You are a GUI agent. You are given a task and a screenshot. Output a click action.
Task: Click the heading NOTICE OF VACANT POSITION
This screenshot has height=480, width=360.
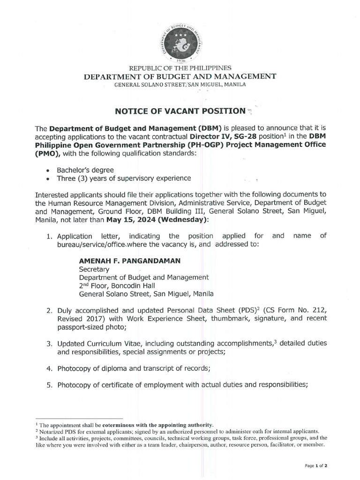click(180, 111)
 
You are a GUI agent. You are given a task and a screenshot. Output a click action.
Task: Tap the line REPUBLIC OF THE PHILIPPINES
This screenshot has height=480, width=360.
click(180, 68)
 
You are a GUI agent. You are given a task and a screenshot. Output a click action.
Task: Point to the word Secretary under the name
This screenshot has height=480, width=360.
click(94, 270)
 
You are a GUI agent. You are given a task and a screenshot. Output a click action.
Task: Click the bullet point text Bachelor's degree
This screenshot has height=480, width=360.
click(86, 170)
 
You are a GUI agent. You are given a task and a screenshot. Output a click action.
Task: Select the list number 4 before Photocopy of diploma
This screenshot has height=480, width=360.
click(49, 369)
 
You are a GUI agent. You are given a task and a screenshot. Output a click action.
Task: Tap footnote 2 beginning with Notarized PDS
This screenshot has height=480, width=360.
click(178, 431)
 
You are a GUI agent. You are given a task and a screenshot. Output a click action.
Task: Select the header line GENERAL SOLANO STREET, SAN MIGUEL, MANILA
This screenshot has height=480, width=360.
click(180, 84)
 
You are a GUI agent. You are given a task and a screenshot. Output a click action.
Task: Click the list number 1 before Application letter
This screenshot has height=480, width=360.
click(49, 236)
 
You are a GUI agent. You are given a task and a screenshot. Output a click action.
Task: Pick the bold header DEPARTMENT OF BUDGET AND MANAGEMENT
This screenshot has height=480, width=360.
click(180, 76)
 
